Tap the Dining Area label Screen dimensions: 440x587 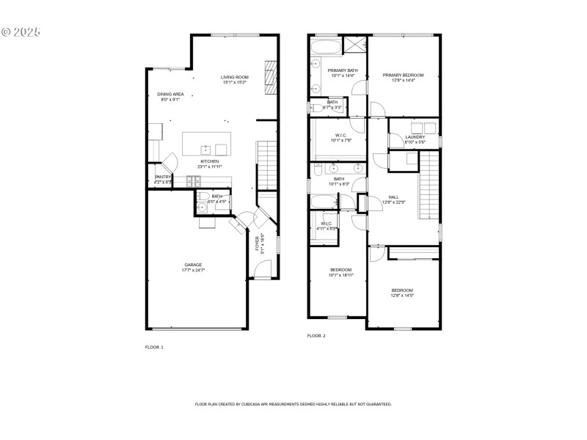[170, 97]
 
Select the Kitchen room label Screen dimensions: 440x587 [209, 164]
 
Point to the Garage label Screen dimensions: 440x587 [192, 268]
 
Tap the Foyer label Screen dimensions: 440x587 [259, 243]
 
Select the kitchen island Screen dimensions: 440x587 [206, 144]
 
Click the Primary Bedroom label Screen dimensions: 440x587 [404, 77]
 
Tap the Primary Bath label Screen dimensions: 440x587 [332, 72]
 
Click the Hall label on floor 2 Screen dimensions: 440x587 [393, 199]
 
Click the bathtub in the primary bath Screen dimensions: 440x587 [324, 49]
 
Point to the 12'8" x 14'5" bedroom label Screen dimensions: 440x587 [402, 292]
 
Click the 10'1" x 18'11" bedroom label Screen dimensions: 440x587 [340, 272]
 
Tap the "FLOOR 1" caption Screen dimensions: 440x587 [154, 347]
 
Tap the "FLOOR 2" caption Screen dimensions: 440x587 [316, 336]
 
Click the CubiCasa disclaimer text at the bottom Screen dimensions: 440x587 [293, 404]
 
